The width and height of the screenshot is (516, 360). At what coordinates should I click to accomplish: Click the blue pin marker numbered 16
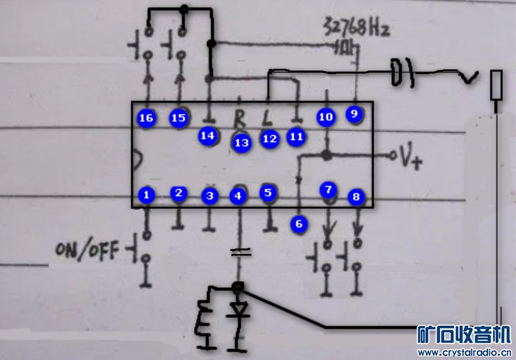146,118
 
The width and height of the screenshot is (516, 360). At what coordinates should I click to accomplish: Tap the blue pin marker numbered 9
354,113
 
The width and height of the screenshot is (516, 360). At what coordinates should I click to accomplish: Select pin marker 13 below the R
241,142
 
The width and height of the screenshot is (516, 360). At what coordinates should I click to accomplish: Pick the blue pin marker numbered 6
298,224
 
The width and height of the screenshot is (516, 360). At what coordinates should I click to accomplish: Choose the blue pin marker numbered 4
238,196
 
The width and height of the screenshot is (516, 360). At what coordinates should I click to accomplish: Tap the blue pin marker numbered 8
356,197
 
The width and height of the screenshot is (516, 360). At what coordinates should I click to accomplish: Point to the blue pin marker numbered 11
296,137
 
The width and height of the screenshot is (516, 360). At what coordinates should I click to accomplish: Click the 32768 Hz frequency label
356,27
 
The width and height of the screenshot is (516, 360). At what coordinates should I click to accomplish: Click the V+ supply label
410,158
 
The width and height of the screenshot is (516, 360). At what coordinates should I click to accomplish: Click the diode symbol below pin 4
239,310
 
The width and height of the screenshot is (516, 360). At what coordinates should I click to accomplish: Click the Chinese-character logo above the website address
464,334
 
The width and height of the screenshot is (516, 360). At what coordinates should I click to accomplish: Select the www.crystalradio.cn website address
464,352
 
